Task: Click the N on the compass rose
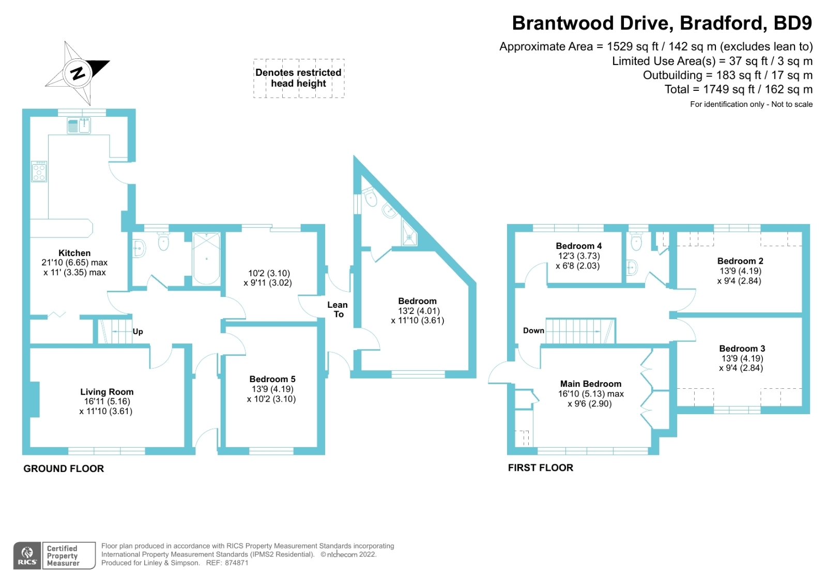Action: coord(78,73)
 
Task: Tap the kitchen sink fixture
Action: coord(79,125)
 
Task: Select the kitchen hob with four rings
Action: coord(39,171)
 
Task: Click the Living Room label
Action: coord(106,392)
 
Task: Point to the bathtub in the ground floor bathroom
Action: coord(206,258)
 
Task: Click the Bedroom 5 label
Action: coord(272,379)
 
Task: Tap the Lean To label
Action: coord(338,309)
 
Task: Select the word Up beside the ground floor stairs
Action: coord(137,332)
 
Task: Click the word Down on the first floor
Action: coord(533,330)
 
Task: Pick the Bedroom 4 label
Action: coord(578,246)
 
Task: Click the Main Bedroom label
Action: coord(591,384)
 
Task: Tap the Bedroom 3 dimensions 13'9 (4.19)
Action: coord(742,358)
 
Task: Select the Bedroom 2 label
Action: coord(740,261)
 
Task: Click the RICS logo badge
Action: coord(27,556)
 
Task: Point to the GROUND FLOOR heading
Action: coord(64,468)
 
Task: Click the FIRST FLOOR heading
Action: coord(540,467)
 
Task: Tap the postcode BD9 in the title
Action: coord(792,23)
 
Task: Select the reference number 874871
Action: coord(236,563)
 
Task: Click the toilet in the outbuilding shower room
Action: coord(370,197)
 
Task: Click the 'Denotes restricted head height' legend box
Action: coord(298,78)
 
